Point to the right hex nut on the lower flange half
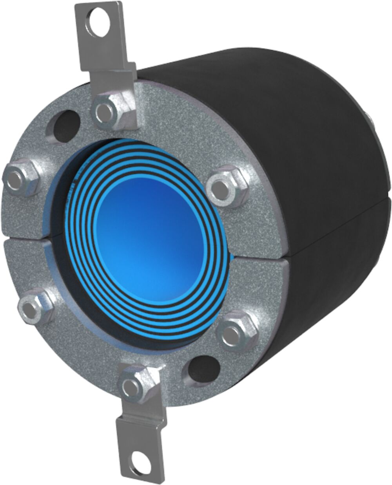coord(234,330)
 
